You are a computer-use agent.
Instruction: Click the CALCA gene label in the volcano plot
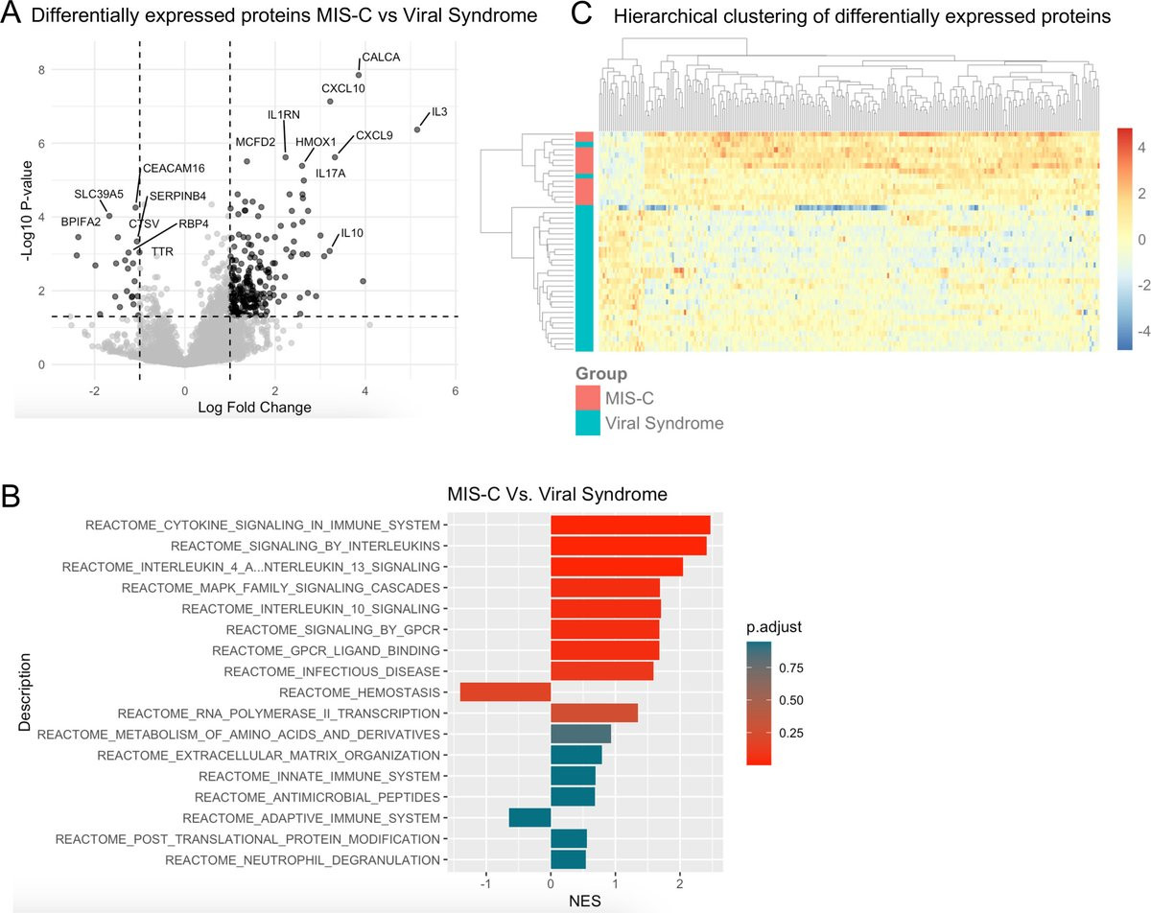point(381,57)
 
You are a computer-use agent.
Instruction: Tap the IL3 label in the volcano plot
point(439,111)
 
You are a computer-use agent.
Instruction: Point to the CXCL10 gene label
point(343,88)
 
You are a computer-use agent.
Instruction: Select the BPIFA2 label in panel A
point(81,222)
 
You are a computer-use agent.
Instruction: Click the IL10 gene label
point(353,233)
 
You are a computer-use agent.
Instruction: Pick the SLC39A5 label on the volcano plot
point(99,194)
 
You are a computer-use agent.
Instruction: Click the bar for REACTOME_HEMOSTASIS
point(505,691)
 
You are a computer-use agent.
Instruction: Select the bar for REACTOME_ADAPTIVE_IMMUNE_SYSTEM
point(529,817)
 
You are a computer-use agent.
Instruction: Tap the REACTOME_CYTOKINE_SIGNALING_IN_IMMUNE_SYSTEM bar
point(630,525)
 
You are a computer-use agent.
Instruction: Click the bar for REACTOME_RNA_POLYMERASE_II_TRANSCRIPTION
point(594,713)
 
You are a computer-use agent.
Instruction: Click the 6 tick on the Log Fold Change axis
point(455,390)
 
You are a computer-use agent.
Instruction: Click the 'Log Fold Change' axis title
point(254,408)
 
